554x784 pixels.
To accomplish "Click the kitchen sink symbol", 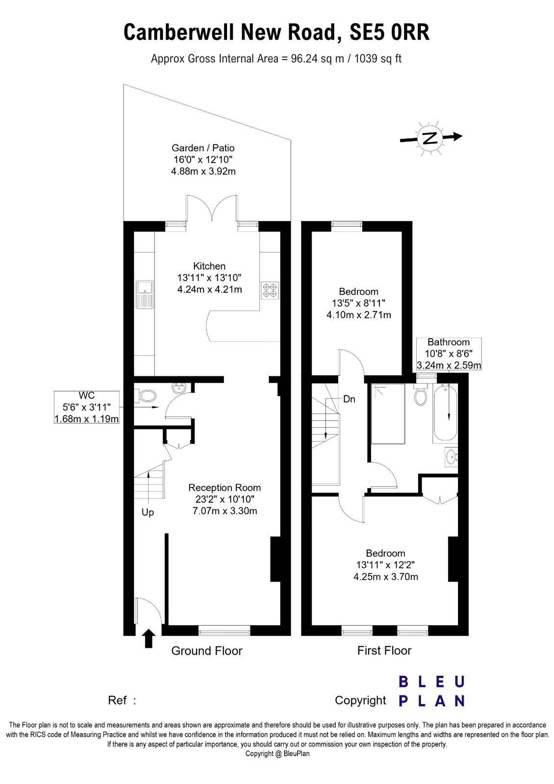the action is coord(145,294).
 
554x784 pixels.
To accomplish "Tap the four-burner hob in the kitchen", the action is coord(270,291).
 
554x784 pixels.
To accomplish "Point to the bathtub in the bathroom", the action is coord(446,414).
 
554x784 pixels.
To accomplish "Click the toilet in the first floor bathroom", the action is coord(420,394).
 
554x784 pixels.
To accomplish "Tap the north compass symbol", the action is coord(431,138).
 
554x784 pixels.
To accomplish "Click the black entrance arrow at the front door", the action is coord(149,638).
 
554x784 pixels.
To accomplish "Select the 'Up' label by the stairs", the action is coord(148,513).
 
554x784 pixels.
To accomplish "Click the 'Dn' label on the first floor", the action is coord(349,399).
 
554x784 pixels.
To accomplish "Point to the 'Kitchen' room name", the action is coord(209,266).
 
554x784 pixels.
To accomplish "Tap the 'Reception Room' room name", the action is coord(225,488).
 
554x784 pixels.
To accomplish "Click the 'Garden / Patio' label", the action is coord(203,148).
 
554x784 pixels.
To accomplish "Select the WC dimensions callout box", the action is coord(86,407).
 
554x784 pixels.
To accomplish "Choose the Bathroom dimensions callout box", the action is coord(449,354).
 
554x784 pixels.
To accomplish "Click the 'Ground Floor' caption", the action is coord(206,651).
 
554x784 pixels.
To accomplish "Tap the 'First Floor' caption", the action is coord(384,651).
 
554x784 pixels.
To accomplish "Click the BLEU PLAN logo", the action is coord(431,691).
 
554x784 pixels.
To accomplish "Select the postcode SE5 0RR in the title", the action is coord(390,32).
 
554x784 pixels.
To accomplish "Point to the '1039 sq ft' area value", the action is coord(378,58).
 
